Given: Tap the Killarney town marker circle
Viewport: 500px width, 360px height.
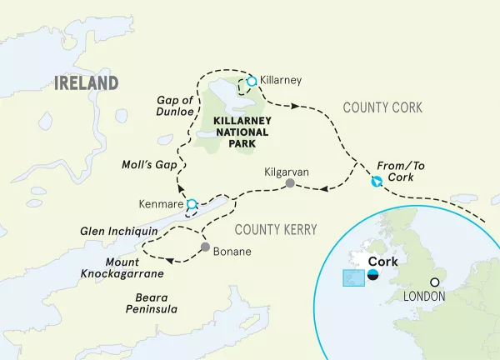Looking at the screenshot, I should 252,81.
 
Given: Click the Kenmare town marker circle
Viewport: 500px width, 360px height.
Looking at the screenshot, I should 192,203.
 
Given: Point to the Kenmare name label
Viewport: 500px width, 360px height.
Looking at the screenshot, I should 161,203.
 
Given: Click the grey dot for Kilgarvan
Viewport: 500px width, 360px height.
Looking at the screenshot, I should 289,183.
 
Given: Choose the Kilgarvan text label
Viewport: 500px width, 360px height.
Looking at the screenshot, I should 286,170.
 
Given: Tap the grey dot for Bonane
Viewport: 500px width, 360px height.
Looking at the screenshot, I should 205,248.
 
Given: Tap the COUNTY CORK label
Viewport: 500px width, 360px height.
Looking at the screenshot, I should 383,107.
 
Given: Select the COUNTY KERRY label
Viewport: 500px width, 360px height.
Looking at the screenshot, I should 271,227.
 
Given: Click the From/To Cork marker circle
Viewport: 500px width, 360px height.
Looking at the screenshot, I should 377,182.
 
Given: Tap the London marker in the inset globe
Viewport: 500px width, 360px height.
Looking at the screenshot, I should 435,282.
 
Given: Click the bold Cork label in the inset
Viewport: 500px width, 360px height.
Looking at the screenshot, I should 382,260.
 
